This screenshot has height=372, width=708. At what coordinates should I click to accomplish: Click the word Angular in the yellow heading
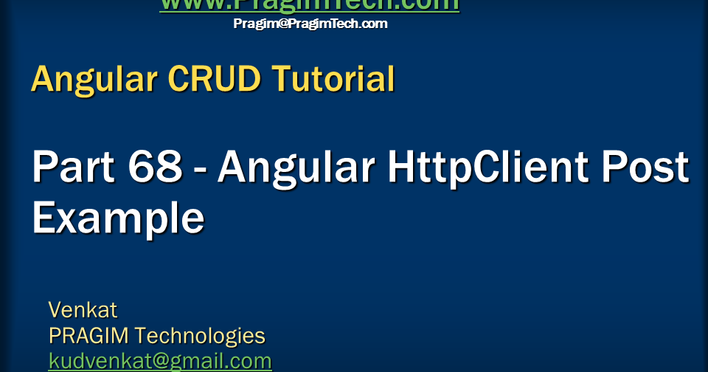pyautogui.click(x=94, y=80)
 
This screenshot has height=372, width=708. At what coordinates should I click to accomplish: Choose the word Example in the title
pyautogui.click(x=118, y=218)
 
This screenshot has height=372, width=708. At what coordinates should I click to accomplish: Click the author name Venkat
pyautogui.click(x=83, y=309)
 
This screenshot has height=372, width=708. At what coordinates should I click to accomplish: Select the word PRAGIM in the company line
pyautogui.click(x=89, y=336)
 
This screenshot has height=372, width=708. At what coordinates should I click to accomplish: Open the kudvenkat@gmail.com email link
pyautogui.click(x=160, y=362)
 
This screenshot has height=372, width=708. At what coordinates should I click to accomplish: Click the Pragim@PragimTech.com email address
pyautogui.click(x=310, y=24)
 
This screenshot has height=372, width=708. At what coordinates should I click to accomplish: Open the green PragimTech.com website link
pyautogui.click(x=310, y=5)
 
